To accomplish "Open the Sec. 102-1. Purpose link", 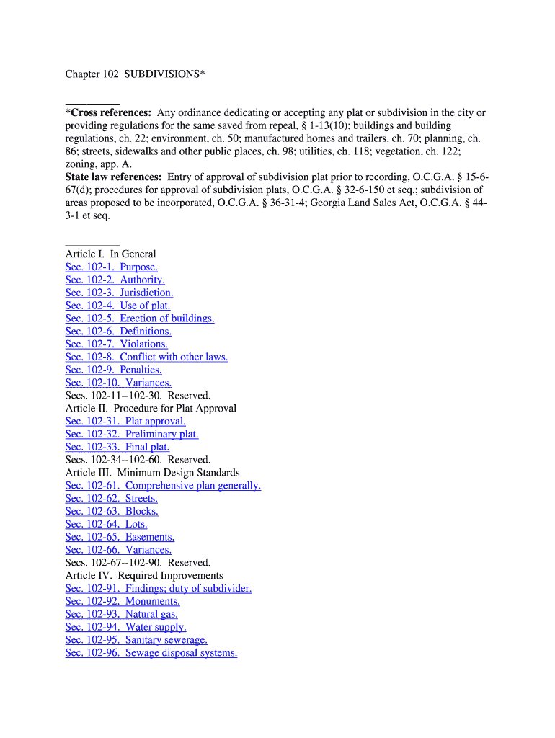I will pyautogui.click(x=111, y=267).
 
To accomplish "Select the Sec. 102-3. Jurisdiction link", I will pyautogui.click(x=119, y=293).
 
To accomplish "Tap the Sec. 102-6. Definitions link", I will pyautogui.click(x=118, y=332).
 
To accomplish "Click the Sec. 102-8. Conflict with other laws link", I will pyautogui.click(x=146, y=357).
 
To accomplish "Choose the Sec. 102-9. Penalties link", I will pyautogui.click(x=113, y=370).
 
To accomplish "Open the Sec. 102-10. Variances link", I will pyautogui.click(x=118, y=383).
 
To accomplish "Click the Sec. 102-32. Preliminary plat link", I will pyautogui.click(x=131, y=435).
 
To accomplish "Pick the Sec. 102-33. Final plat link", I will pyautogui.click(x=117, y=448).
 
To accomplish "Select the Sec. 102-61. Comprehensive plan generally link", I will pyautogui.click(x=163, y=486).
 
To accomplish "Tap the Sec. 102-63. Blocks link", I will pyautogui.click(x=112, y=512).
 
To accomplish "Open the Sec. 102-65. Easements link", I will pyautogui.click(x=120, y=538).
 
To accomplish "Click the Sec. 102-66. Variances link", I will pyautogui.click(x=118, y=550).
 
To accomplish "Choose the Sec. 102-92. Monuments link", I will pyautogui.click(x=123, y=602).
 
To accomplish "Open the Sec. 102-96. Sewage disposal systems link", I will pyautogui.click(x=151, y=653).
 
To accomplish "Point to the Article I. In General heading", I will pyautogui.click(x=110, y=254).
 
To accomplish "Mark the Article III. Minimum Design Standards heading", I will pyautogui.click(x=152, y=473).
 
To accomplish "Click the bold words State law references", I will pyautogui.click(x=113, y=177).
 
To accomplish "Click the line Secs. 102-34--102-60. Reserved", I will pyautogui.click(x=138, y=460).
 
